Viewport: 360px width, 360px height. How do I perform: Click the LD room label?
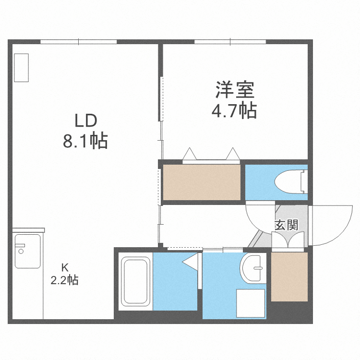pos(85,120)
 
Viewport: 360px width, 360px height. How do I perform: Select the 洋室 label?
pos(234,90)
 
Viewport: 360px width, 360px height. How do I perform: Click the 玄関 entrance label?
pos(287,224)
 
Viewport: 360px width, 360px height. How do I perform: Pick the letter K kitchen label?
pos(64,268)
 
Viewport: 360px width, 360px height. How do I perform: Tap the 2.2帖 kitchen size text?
pos(64,280)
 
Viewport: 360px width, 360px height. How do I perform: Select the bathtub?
pos(135,281)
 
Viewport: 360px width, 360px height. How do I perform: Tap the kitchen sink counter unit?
pos(28,251)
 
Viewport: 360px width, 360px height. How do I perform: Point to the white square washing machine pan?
pos(250,303)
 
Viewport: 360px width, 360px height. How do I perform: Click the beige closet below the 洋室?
pos(202,182)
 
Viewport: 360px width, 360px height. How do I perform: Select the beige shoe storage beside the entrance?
pos(289,276)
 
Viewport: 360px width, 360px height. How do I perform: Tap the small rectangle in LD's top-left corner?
pos(22,68)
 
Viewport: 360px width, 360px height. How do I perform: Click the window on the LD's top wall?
pos(79,42)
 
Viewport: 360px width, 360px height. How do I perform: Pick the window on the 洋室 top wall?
pos(230,42)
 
